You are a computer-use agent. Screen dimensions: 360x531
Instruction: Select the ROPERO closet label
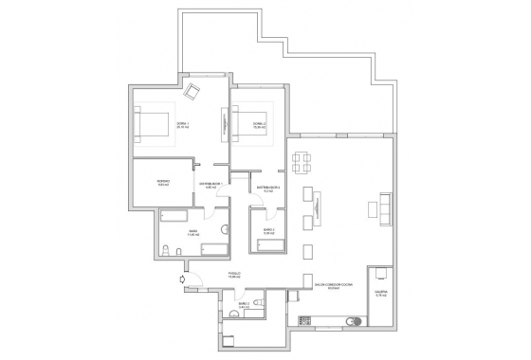pyautogui.click(x=163, y=184)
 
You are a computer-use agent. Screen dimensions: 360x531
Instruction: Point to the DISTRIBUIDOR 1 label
pyautogui.click(x=211, y=185)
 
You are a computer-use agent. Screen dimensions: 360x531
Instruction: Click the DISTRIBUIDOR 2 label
pyautogui.click(x=268, y=189)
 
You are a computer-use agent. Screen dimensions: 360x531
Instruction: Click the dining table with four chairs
pyautogui.click(x=301, y=162)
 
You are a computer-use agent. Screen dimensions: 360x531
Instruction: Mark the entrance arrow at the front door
pyautogui.click(x=181, y=279)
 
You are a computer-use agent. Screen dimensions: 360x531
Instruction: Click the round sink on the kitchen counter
pyautogui.click(x=357, y=321)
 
